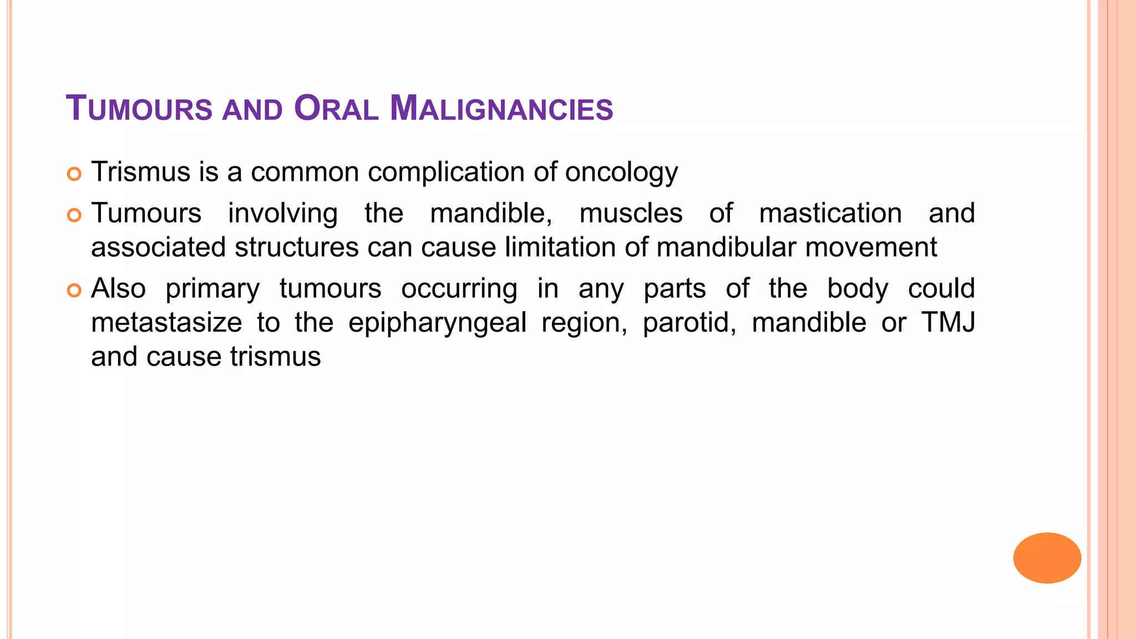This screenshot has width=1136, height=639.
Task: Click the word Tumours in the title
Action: [139, 108]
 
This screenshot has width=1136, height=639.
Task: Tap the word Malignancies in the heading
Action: [501, 108]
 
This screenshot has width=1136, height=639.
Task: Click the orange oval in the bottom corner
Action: [1047, 557]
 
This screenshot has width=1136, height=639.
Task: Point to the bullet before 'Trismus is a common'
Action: [74, 174]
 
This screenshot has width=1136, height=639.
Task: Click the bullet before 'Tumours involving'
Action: [74, 215]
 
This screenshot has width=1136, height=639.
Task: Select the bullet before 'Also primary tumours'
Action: [74, 290]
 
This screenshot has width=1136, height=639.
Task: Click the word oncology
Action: [621, 173]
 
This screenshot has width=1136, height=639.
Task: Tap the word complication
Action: [446, 173]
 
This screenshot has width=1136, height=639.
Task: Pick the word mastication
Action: [830, 214]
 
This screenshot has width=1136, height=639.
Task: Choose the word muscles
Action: [631, 214]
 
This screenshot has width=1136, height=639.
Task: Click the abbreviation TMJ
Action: [948, 323]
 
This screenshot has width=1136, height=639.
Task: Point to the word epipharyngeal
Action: [437, 323]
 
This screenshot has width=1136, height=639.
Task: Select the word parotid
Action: [689, 323]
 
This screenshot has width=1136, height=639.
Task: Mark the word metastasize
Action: [166, 323]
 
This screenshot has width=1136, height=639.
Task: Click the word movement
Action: [871, 247]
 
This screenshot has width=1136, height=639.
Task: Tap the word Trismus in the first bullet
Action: [141, 172]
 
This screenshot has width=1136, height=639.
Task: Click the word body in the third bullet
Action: [858, 289]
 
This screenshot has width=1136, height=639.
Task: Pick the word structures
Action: [296, 247]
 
